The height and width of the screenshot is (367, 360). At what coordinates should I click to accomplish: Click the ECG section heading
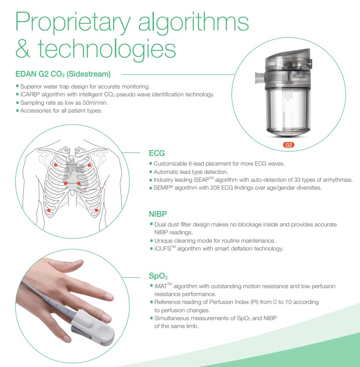157,154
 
